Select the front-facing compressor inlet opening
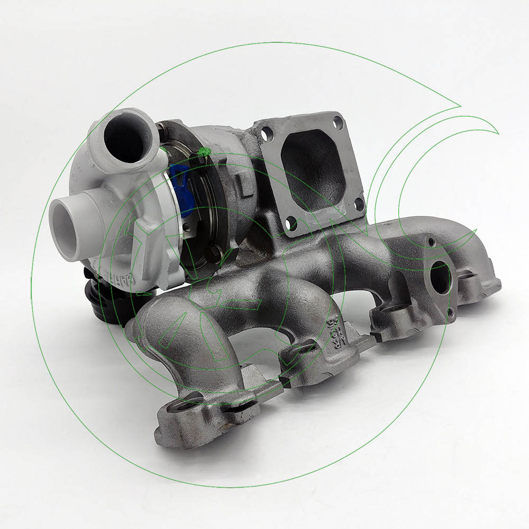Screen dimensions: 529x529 click(68, 222)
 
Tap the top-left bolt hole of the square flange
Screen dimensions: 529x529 click(266, 134)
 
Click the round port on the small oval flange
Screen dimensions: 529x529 click(439, 276)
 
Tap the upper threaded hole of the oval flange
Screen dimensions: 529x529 click(431, 242)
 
